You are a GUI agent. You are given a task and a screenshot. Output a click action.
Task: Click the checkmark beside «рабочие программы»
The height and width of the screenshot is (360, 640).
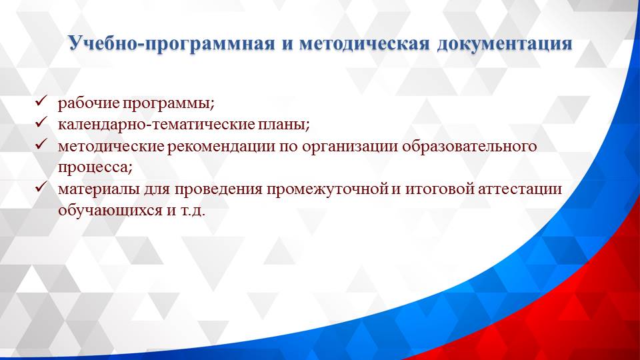pyautogui.click(x=40, y=103)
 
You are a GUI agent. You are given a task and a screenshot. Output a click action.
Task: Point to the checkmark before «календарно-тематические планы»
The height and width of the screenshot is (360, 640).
pyautogui.click(x=40, y=123)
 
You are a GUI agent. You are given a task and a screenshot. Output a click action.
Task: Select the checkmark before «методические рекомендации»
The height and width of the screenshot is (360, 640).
pyautogui.click(x=40, y=145)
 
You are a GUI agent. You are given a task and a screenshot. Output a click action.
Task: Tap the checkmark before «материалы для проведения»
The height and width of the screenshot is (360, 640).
pyautogui.click(x=40, y=189)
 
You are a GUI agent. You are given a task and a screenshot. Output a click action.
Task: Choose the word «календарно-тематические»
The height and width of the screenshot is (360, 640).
pyautogui.click(x=153, y=125)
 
